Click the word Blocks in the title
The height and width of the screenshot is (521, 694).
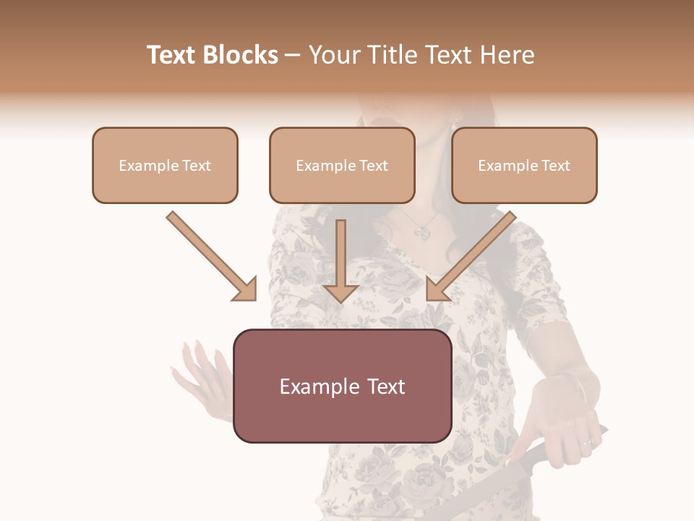point(242,55)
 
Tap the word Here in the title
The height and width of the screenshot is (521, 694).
point(507,55)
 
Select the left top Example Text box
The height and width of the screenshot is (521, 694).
point(165,165)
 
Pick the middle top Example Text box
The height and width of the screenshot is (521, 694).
point(342,165)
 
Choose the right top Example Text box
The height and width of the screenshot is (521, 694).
point(524,165)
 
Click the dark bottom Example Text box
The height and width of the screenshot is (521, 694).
point(342,386)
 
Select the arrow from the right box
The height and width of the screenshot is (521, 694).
point(470,257)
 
